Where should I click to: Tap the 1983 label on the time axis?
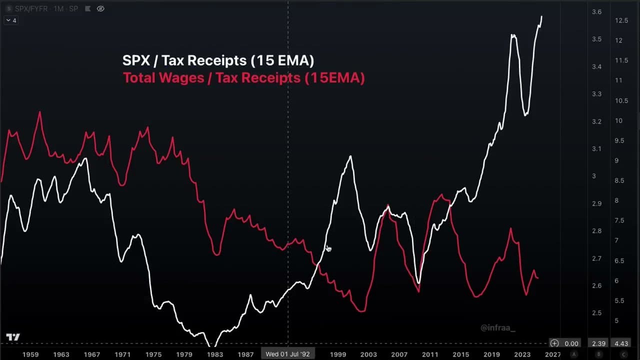pos(215,354)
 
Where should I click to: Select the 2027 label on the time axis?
pos(552,354)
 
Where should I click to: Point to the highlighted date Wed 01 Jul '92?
pos(287,354)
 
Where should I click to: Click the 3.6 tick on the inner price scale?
pos(596,12)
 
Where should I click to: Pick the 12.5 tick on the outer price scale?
pos(621,20)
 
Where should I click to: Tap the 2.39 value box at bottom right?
pos(598,343)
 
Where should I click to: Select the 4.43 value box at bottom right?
pos(621,343)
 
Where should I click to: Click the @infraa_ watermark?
pos(497,328)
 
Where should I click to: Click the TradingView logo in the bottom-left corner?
pos(13,337)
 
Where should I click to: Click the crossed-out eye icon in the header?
pos(100,8)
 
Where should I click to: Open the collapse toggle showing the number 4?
pos(11,20)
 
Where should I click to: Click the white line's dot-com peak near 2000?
pos(350,157)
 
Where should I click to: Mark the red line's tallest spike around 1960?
pos(40,113)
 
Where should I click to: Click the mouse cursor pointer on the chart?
pos(328,248)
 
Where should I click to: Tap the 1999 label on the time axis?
pos(337,354)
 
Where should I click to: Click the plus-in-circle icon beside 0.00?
pos(554,343)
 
